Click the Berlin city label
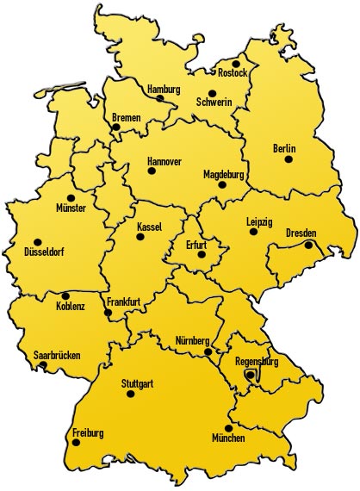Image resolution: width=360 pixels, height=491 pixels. pyautogui.click(x=284, y=148)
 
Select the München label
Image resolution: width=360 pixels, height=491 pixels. pyautogui.click(x=228, y=438)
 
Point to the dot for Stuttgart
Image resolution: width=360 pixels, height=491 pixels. pyautogui.click(x=131, y=394)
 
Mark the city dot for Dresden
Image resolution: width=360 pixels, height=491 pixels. pyautogui.click(x=308, y=245)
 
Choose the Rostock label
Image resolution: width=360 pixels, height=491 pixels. pyautogui.click(x=233, y=73)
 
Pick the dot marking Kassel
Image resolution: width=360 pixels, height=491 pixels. pyautogui.click(x=140, y=236)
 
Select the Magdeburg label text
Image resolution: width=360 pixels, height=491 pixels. pyautogui.click(x=225, y=173)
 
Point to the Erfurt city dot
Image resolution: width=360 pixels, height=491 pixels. pyautogui.click(x=202, y=254)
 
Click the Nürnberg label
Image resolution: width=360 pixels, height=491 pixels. pyautogui.click(x=192, y=339)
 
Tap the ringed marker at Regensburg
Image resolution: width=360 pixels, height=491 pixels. pyautogui.click(x=250, y=375)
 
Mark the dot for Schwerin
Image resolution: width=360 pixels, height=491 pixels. pyautogui.click(x=212, y=93)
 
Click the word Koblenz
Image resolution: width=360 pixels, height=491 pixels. pyautogui.click(x=71, y=307)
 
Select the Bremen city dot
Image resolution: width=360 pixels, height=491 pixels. pyautogui.click(x=115, y=127)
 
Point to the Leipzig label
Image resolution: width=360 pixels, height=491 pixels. pyautogui.click(x=259, y=221)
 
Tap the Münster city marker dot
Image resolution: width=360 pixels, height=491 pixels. pyautogui.click(x=71, y=197)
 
